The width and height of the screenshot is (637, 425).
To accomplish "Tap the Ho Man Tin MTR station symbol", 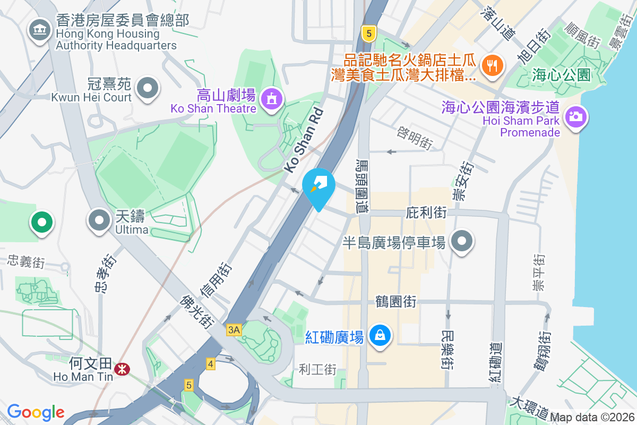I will click(x=123, y=369).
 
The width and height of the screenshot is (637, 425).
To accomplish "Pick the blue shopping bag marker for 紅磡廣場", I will click(x=380, y=336).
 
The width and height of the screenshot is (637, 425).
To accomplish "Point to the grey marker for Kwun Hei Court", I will click(x=148, y=88).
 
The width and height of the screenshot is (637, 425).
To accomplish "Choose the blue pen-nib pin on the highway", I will click(x=318, y=186).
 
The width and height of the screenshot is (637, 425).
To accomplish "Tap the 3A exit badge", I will click(x=234, y=330).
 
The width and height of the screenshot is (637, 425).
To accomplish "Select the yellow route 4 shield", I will click(x=211, y=364).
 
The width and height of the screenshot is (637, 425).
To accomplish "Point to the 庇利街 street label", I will click(x=426, y=212).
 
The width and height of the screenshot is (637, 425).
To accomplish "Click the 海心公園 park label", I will click(x=561, y=75).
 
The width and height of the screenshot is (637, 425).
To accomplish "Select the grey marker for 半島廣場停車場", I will click(x=462, y=241).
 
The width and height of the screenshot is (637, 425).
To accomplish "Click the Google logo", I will click(x=36, y=412).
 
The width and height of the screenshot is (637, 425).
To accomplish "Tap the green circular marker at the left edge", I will click(x=42, y=222).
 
